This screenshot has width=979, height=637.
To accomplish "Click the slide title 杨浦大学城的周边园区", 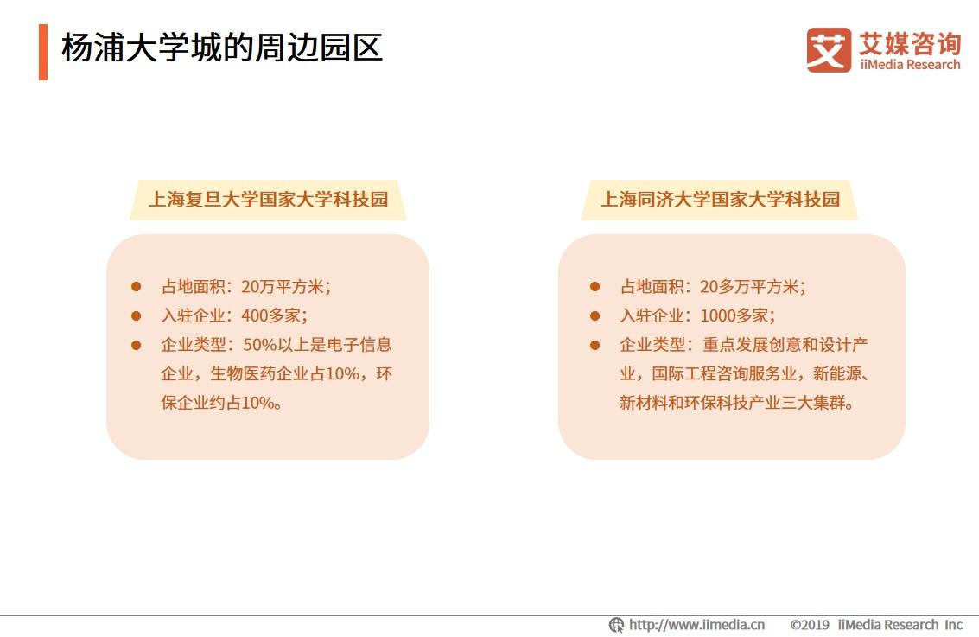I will (221, 48).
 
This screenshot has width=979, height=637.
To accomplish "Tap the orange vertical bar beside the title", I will (43, 52).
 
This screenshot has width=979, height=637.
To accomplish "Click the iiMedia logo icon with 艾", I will (828, 49).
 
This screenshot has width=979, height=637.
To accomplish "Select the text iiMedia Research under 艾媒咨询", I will (909, 65).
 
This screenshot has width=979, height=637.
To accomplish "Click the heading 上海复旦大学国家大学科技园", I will (268, 200).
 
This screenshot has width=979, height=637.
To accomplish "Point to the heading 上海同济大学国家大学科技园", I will (720, 200).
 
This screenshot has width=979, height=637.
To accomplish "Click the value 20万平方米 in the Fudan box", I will (285, 286).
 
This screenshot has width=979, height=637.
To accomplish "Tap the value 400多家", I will (274, 315).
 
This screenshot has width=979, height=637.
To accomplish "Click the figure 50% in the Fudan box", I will (260, 345).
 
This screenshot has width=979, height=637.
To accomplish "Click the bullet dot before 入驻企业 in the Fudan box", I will (136, 315).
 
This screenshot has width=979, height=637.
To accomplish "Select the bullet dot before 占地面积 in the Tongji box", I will (594, 286).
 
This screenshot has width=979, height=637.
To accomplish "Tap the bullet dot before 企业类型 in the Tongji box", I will (594, 345).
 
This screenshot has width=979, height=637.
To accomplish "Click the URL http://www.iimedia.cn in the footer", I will (696, 625).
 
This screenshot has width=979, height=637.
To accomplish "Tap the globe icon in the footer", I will (616, 625).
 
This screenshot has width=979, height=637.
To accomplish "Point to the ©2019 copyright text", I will (810, 625).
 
